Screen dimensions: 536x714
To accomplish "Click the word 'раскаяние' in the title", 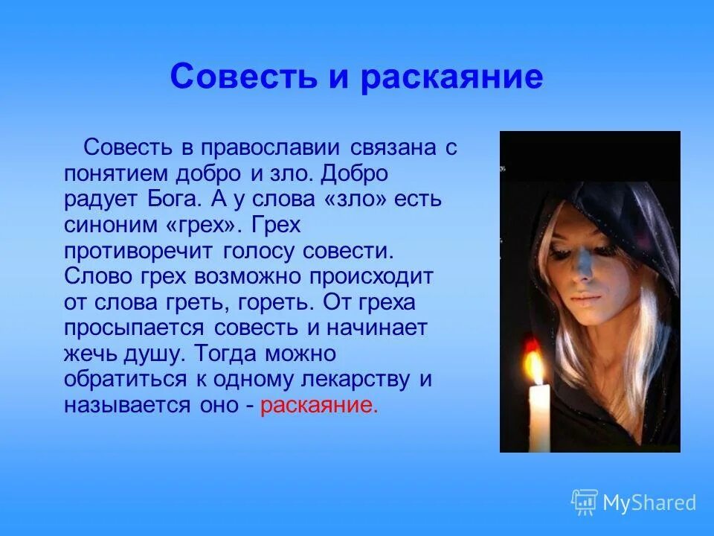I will [x=452, y=78].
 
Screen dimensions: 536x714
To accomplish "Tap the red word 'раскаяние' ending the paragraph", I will [x=319, y=406].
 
